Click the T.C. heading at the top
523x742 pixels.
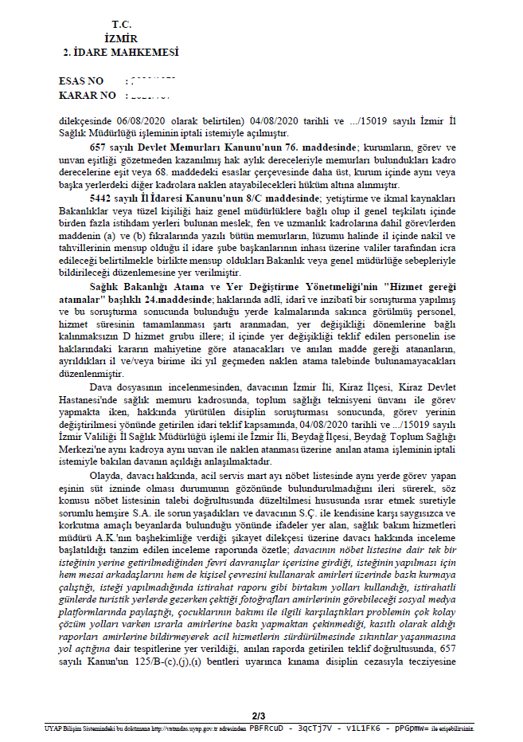click(119, 26)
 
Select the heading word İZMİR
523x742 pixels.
click(121, 39)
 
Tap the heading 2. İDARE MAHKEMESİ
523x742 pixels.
click(120, 53)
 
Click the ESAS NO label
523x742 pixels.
click(81, 81)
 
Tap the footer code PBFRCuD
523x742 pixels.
click(267, 728)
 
